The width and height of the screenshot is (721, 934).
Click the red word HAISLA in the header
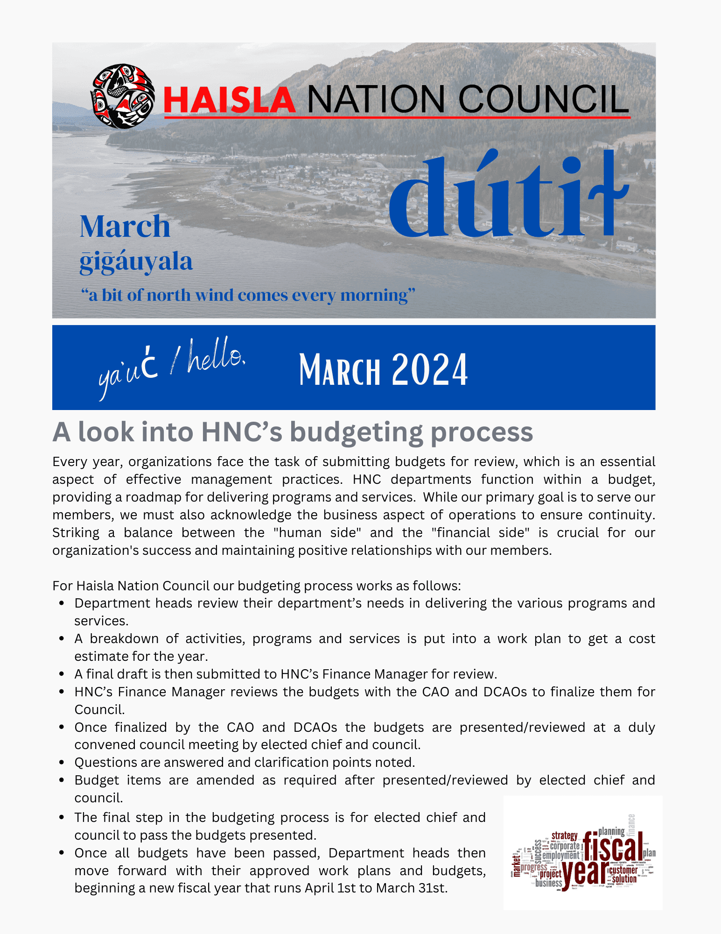(x=230, y=99)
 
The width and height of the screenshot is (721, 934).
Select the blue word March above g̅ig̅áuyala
(x=125, y=226)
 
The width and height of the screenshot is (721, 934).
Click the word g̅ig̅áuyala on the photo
(x=136, y=262)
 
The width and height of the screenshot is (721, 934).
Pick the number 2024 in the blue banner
(x=429, y=370)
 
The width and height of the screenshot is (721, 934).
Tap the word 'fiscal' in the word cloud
(x=613, y=846)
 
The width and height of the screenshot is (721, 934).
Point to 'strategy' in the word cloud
(x=564, y=835)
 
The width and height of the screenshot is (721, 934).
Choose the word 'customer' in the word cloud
(x=623, y=870)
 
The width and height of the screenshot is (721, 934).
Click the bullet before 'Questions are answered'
(x=62, y=763)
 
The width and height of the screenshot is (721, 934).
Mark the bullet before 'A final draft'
(x=62, y=674)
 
